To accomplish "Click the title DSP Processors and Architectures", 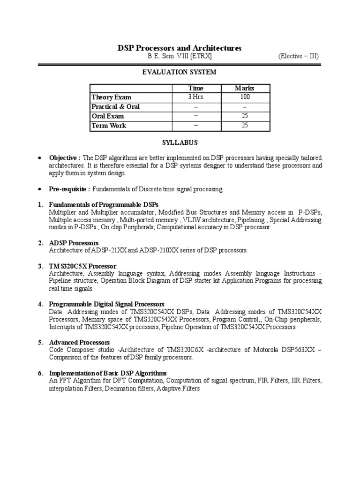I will [x=179, y=48].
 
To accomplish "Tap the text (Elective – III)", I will [x=299, y=57].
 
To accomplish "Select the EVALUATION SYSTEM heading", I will [x=180, y=72].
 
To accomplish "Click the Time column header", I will [x=196, y=88].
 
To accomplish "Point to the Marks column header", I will [x=244, y=88].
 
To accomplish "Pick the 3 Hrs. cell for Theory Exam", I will [x=196, y=97].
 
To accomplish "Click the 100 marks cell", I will [x=244, y=97].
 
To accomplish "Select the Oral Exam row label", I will [x=108, y=116].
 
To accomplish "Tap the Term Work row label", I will [x=109, y=126].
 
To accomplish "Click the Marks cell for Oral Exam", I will [x=244, y=116].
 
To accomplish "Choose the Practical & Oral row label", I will [x=115, y=106].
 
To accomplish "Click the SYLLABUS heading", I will [x=180, y=142].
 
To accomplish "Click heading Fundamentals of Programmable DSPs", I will [x=104, y=205].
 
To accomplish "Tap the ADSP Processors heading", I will [x=74, y=243].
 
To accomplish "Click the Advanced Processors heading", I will [x=79, y=342].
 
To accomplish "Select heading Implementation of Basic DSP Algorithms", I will [x=108, y=373].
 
